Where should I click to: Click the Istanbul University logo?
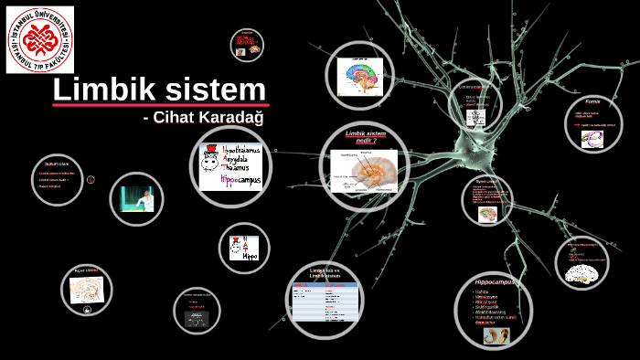tap(40, 39)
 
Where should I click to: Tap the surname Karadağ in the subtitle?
tap(240, 118)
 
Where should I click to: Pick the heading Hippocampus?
tap(489, 282)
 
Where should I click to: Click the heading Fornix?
tap(592, 101)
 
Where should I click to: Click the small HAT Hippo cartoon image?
tap(245, 248)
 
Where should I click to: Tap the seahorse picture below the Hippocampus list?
tap(499, 335)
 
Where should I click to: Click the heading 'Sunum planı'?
tap(57, 163)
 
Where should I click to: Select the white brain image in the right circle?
tap(584, 271)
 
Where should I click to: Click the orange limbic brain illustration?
tap(364, 172)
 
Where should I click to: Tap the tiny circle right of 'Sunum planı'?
tap(91, 179)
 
